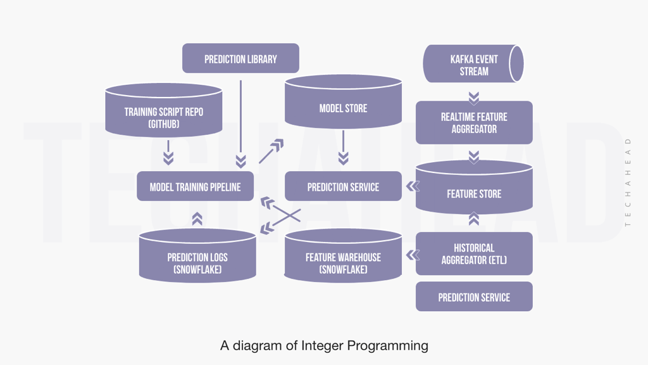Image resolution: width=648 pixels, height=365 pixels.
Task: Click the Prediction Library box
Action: [240, 58]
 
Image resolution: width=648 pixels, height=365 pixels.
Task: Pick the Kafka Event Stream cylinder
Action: [474, 64]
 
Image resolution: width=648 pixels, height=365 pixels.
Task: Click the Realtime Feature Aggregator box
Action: [474, 122]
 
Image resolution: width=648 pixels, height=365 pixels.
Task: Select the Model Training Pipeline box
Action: [195, 186]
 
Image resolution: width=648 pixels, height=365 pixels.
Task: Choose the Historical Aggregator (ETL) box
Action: [474, 253]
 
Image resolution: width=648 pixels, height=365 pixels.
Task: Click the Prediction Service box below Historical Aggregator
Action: [474, 297]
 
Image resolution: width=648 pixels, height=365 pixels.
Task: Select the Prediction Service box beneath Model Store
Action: [343, 186]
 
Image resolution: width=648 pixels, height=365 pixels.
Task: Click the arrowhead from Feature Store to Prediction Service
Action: [413, 186]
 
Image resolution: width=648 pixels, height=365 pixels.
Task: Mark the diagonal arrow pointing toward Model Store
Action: [271, 152]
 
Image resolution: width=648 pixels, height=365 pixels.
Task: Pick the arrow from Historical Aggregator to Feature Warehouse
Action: [413, 255]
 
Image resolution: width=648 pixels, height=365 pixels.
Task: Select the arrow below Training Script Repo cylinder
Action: [168, 152]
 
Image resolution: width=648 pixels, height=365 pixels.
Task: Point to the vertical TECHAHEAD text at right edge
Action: [628, 182]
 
